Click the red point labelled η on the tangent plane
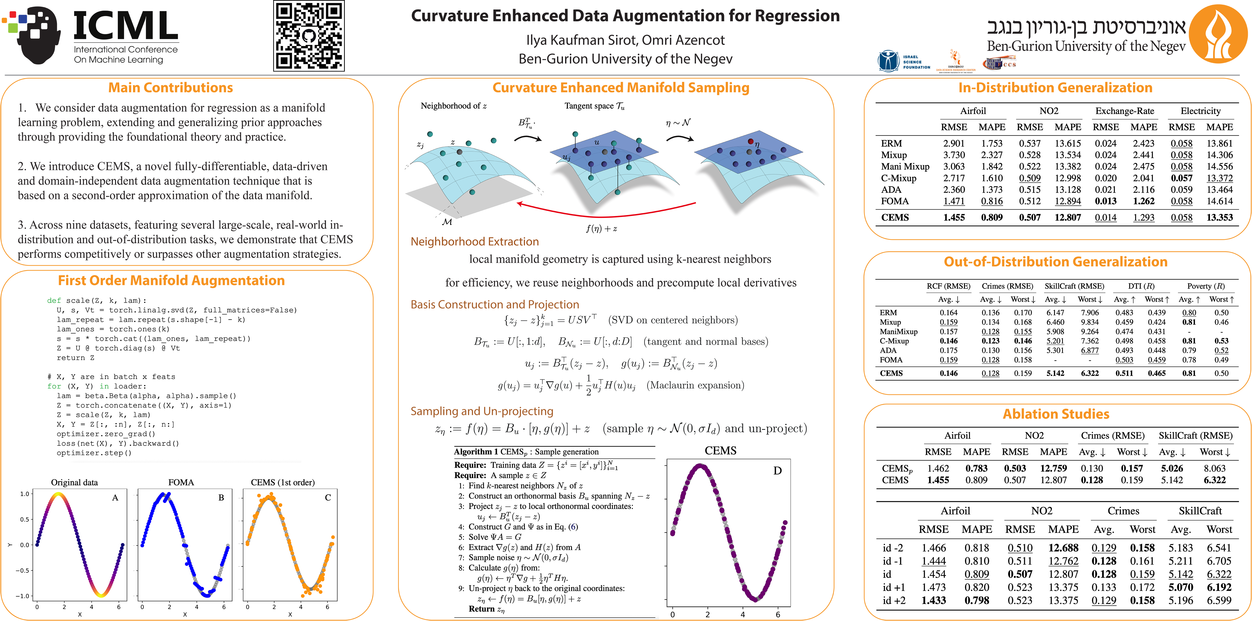(x=750, y=141)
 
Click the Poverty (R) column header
(x=1205, y=286)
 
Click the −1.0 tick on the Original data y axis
(x=24, y=596)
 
